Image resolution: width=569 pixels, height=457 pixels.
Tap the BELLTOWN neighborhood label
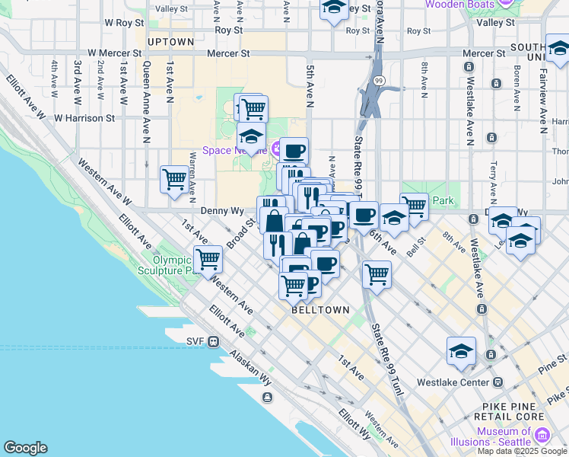(320, 311)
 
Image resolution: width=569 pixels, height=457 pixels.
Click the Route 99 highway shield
(377, 79)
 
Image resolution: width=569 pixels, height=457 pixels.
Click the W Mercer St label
(114, 54)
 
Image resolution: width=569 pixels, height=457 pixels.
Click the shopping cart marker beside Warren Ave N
(174, 181)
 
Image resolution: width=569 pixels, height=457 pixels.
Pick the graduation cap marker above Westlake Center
(461, 351)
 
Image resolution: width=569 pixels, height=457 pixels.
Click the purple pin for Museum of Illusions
(542, 435)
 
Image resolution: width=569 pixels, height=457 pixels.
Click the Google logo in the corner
(26, 447)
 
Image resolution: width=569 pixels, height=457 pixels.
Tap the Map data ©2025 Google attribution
(522, 451)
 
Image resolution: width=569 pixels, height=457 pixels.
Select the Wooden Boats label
(456, 5)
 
